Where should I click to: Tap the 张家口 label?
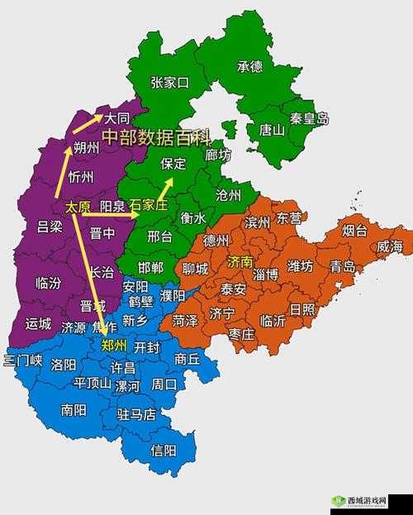click(x=170, y=82)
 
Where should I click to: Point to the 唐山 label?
click(x=272, y=129)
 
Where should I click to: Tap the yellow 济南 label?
click(x=240, y=261)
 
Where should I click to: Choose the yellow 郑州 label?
click(x=114, y=345)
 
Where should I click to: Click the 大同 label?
click(x=116, y=117)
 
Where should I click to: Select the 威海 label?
click(x=390, y=246)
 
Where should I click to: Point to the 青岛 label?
click(x=342, y=266)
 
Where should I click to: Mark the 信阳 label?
click(x=164, y=450)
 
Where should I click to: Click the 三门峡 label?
click(x=22, y=360)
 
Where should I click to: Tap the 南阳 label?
click(x=73, y=408)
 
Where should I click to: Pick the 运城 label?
click(x=38, y=323)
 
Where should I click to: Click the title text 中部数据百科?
click(x=156, y=135)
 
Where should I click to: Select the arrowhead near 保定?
click(x=169, y=182)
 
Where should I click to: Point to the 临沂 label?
click(x=273, y=320)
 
